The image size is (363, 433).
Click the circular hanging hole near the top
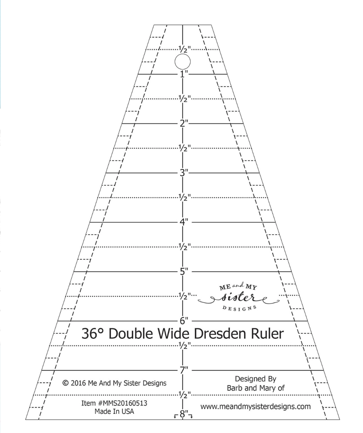point(183,62)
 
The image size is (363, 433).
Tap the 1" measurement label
point(184,74)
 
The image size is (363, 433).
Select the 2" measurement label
point(184,123)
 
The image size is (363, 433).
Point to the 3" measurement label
point(184,173)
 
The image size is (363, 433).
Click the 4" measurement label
point(184,222)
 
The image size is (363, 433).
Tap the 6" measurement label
point(184,320)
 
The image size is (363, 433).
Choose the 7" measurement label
point(184,370)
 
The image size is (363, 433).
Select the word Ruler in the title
point(267,333)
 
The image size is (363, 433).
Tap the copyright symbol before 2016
point(66,383)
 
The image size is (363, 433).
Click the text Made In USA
point(114,411)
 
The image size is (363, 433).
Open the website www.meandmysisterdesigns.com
point(255,406)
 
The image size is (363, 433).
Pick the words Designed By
point(255,379)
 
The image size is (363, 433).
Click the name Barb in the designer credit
point(234,388)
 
